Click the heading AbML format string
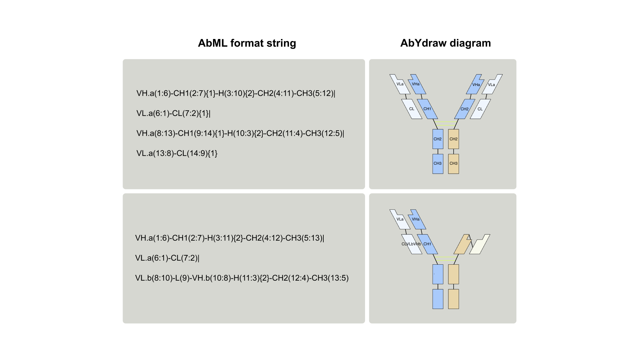coord(247,43)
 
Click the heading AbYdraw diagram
coord(445,43)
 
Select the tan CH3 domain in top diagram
coord(453,164)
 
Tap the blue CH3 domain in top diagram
coord(438,164)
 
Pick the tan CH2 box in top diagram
coord(453,139)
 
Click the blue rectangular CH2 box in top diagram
coord(438,139)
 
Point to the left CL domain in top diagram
coord(412,109)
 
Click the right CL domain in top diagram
coord(480,109)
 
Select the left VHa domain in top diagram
coord(416,84)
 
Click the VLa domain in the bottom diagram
coord(400,219)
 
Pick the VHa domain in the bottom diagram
coord(416,219)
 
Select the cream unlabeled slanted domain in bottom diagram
coord(480,245)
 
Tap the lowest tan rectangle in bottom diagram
coord(453,299)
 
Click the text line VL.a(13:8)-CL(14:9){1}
coord(177,153)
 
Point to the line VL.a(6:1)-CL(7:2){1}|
coord(173,113)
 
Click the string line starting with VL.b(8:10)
coord(242,278)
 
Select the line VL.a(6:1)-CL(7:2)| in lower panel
coord(167,258)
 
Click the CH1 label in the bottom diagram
coord(427,244)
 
